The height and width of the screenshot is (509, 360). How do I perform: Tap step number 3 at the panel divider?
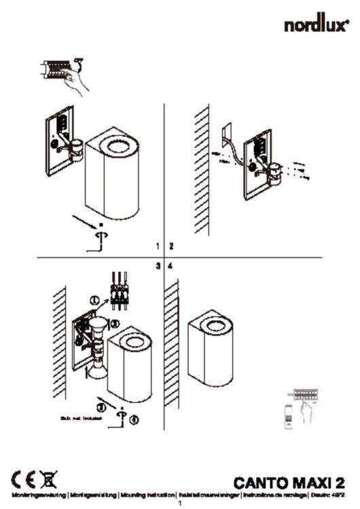tap(158, 266)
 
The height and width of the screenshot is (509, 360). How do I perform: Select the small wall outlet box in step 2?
tap(228, 131)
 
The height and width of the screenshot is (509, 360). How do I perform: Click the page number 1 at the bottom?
tap(180, 503)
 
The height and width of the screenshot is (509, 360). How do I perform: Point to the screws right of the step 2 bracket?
tap(300, 170)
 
